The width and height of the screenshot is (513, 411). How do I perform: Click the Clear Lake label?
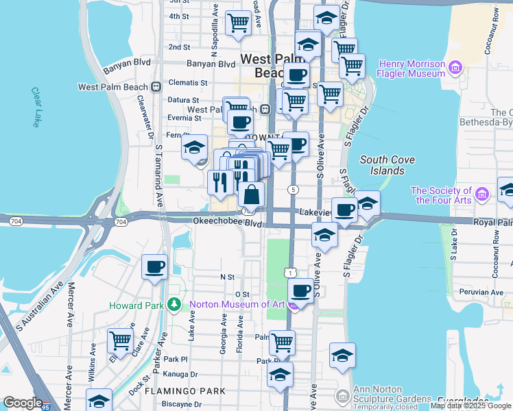point(36,107)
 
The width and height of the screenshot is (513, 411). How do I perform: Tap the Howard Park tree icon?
point(175,304)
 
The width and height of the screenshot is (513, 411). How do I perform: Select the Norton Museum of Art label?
point(236,304)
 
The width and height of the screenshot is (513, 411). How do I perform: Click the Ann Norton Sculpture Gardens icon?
point(342,395)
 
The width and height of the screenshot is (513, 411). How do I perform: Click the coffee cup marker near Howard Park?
point(155,266)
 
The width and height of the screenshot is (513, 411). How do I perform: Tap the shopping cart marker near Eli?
point(120,340)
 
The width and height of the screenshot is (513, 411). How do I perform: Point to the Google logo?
point(23,403)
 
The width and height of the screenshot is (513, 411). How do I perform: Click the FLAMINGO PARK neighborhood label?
point(184,391)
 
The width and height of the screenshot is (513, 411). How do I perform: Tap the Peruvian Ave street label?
point(483,292)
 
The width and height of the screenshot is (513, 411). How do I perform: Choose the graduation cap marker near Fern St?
point(194,147)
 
